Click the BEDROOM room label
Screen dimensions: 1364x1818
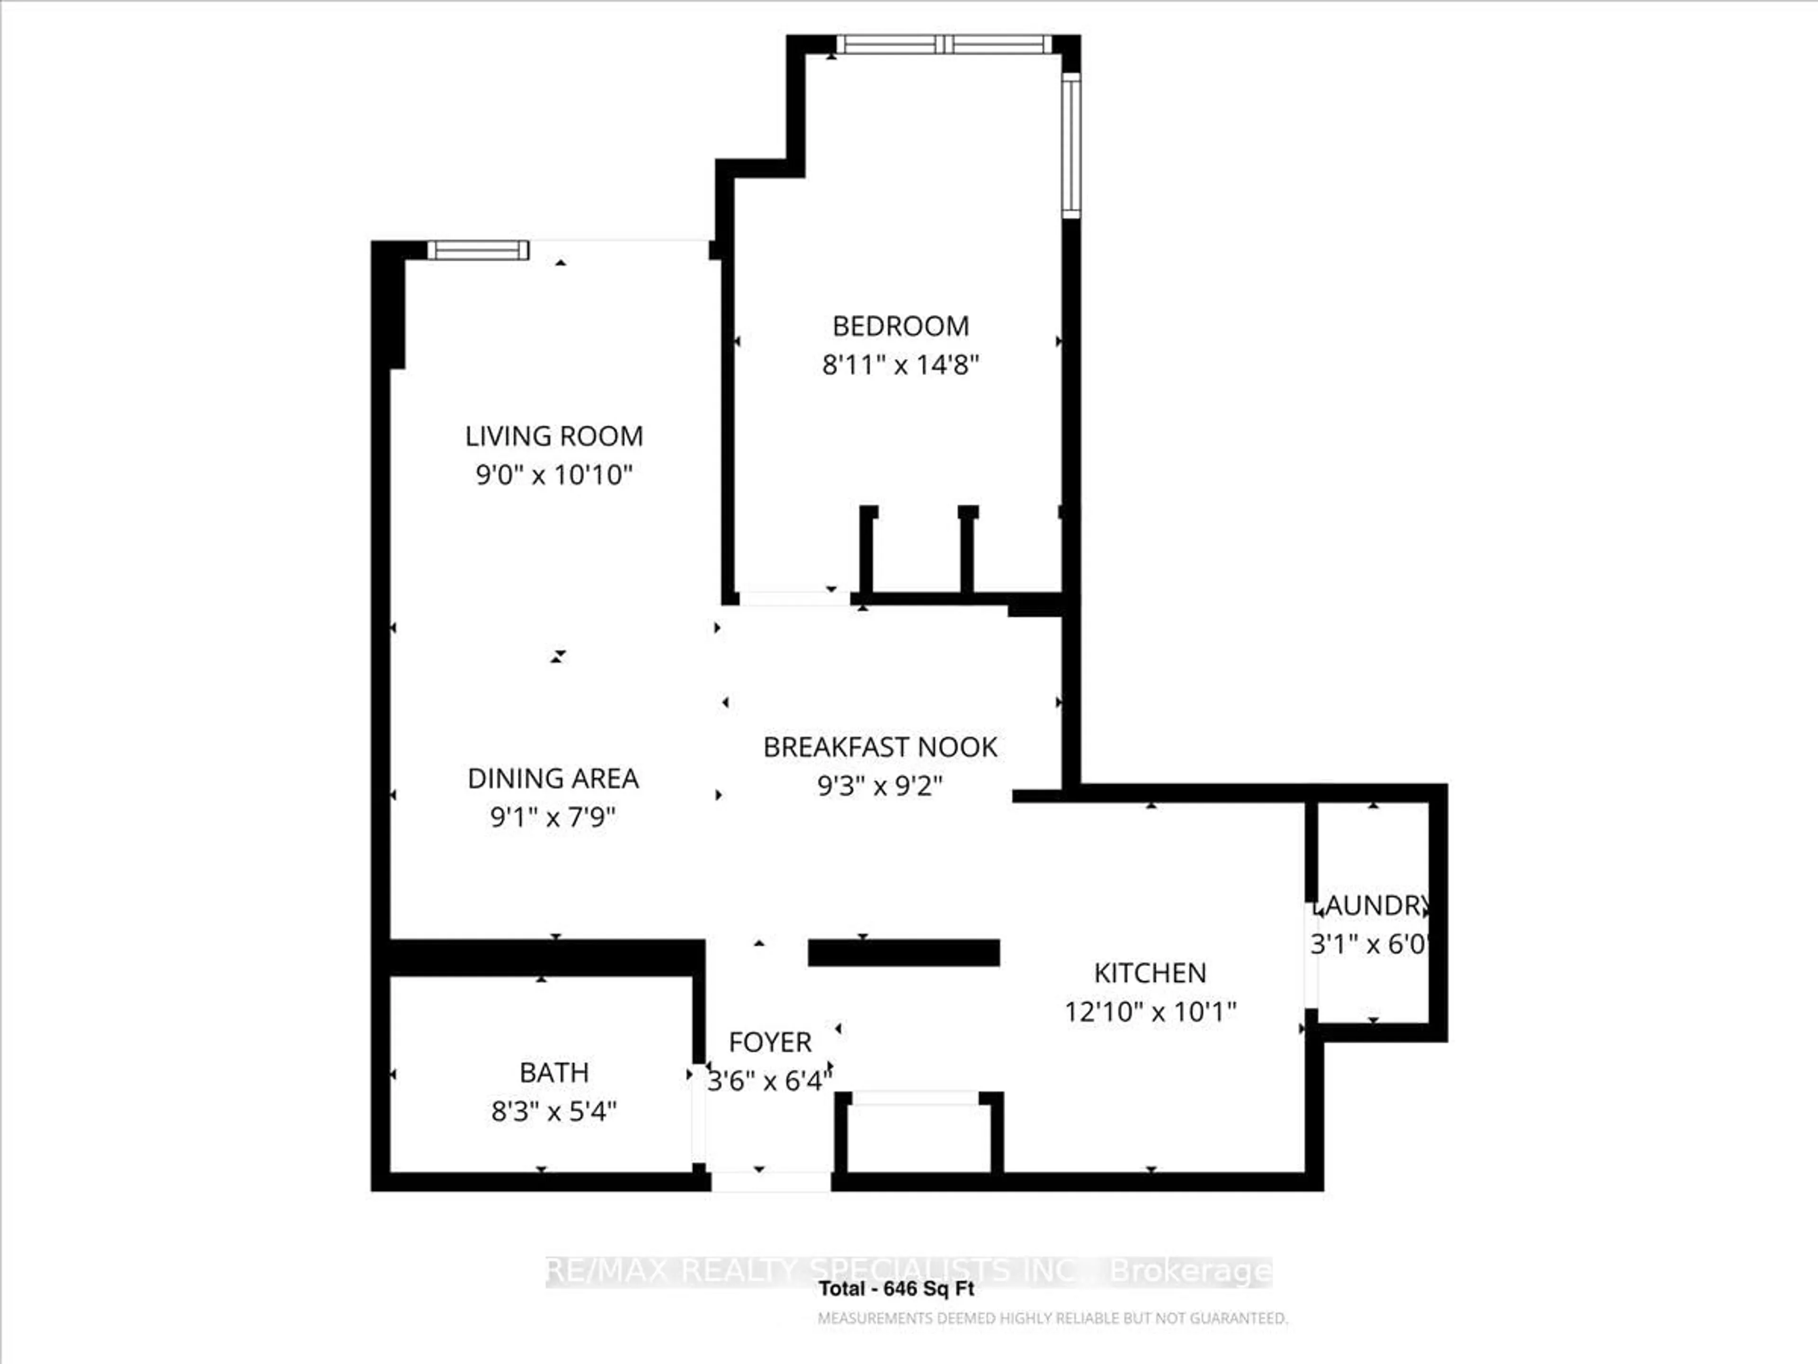(901, 326)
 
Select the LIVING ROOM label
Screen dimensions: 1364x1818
(554, 437)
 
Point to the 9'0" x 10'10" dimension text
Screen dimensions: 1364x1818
(554, 475)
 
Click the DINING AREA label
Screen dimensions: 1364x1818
(553, 779)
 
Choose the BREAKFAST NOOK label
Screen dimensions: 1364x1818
(880, 747)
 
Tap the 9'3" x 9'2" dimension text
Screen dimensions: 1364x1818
(880, 786)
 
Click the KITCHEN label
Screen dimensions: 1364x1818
(1150, 973)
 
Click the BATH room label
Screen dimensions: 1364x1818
(554, 1073)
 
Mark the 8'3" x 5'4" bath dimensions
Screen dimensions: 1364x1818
(554, 1112)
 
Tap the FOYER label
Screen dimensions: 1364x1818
(770, 1042)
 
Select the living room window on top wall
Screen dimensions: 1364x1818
(478, 250)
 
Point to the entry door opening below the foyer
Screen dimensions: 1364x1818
(771, 1182)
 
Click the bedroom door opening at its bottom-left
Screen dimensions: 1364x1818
(794, 599)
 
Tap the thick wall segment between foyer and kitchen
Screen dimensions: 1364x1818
(904, 953)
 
